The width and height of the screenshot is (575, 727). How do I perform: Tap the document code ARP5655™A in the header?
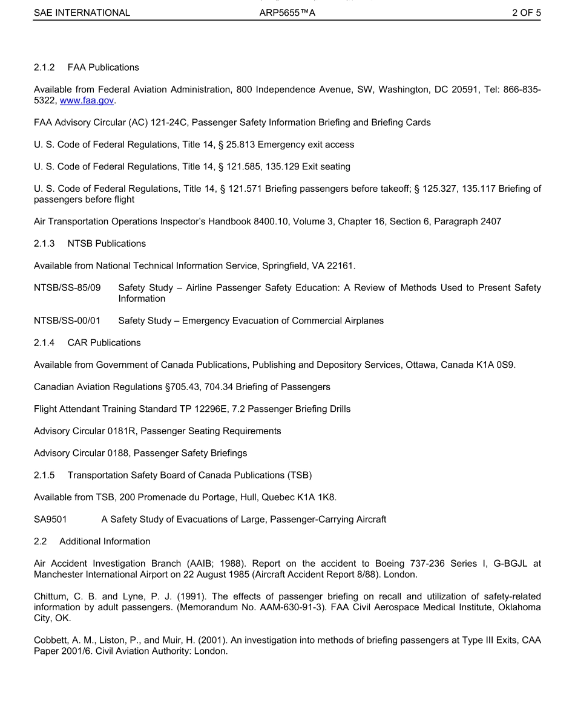point(287,12)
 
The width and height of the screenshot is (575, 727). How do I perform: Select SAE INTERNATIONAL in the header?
point(82,12)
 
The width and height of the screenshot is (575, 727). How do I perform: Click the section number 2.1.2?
point(44,68)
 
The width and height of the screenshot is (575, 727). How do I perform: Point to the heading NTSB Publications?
point(107,244)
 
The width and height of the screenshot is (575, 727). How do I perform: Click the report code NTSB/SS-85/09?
point(67,288)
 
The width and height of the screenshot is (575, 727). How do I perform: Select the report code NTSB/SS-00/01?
point(67,321)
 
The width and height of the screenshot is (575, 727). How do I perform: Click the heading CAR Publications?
point(104,343)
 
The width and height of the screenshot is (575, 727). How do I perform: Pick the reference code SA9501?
point(50,520)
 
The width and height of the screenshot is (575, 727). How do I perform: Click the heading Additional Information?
point(105,541)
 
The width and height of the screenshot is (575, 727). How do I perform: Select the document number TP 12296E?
point(196,409)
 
